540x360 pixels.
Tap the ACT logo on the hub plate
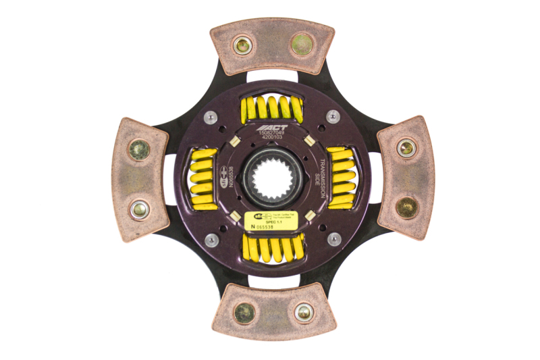pyautogui.click(x=274, y=127)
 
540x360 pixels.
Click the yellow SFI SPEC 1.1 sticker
pyautogui.click(x=272, y=222)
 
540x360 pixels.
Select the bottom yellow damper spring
pyautogui.click(x=272, y=248)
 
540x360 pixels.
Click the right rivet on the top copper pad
pyautogui.click(x=302, y=45)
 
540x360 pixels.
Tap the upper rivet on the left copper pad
pyautogui.click(x=139, y=148)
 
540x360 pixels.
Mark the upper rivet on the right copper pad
pyautogui.click(x=406, y=148)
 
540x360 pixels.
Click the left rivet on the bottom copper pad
pyautogui.click(x=244, y=312)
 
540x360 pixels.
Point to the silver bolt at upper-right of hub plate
pyautogui.click(x=333, y=116)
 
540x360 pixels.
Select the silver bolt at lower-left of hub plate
pyautogui.click(x=211, y=240)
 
